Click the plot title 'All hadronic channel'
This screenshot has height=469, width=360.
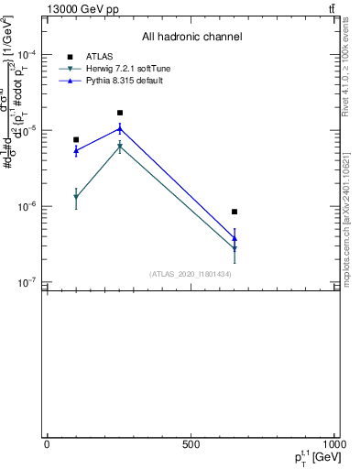191,37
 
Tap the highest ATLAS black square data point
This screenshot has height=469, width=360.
120,113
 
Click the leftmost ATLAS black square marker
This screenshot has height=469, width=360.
76,140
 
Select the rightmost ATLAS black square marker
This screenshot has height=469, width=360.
235,212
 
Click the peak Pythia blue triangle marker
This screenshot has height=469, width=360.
120,128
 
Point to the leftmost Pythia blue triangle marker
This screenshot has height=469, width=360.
76,150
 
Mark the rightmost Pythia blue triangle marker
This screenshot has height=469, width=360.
235,238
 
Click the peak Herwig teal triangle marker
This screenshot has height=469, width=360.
120,147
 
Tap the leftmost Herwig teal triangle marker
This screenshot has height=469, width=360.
76,198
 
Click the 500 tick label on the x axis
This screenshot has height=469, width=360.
191,444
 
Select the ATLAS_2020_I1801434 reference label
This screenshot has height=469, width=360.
190,274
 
